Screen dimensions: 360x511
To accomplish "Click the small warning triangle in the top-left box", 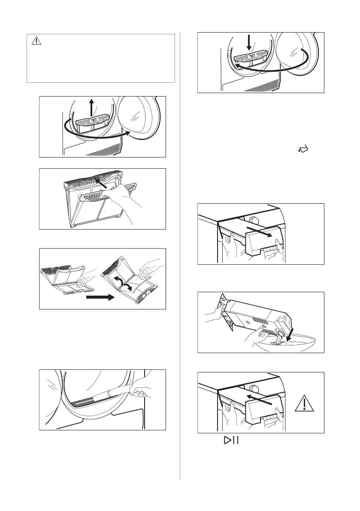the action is pos(36,41).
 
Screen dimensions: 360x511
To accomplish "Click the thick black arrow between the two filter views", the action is pos(101,297).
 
